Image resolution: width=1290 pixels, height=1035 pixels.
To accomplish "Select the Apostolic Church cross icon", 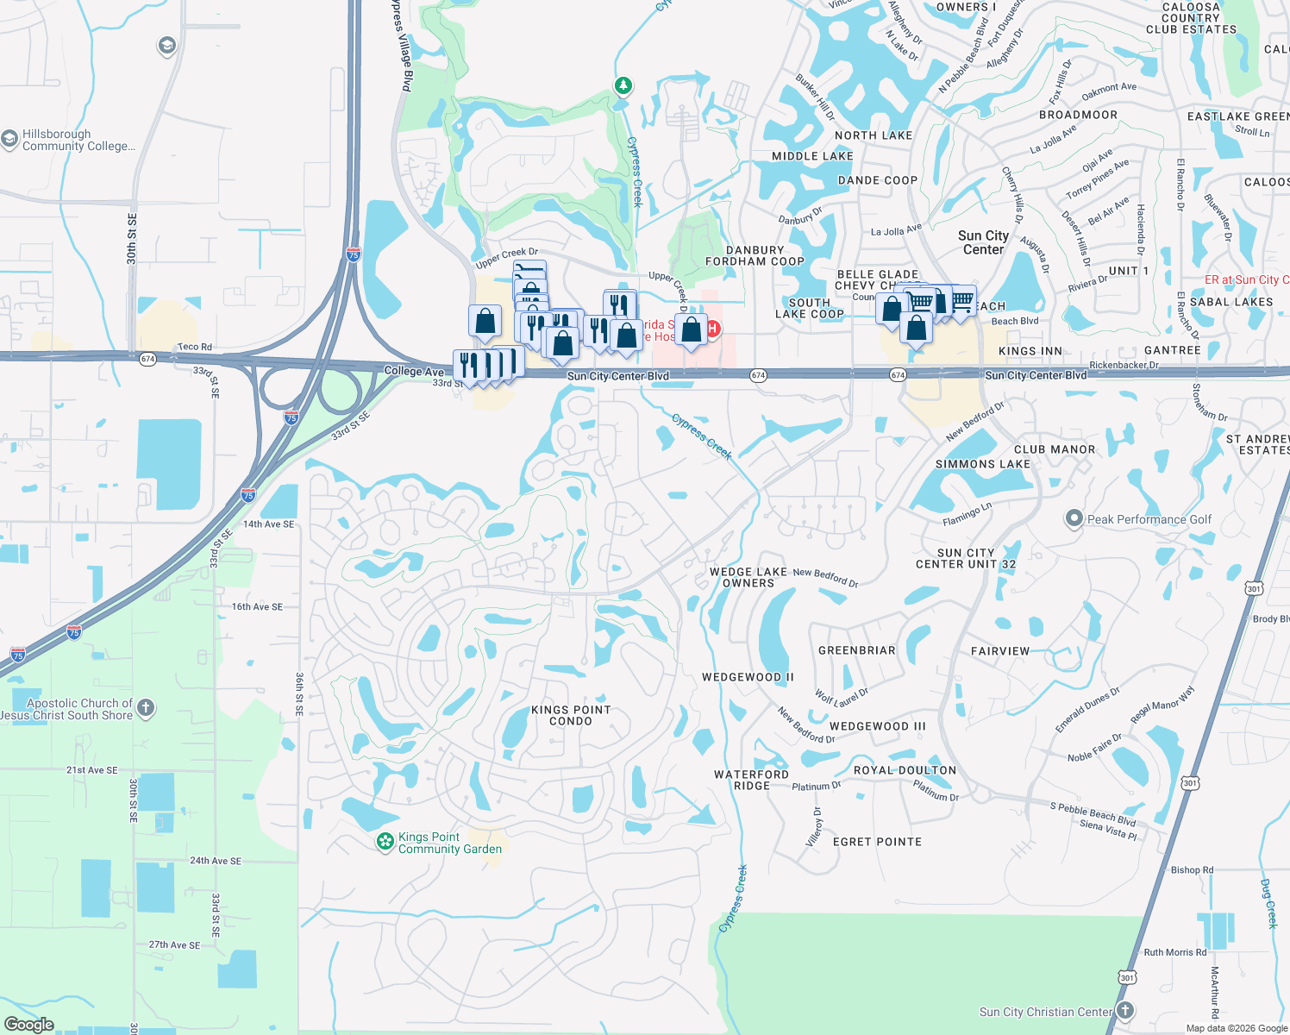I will [146, 708].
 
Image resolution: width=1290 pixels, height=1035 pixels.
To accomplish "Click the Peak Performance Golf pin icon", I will [1074, 518].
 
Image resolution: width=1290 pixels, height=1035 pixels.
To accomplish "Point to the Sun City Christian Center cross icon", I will [1125, 1011].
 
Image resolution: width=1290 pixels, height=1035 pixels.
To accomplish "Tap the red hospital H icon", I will [713, 329].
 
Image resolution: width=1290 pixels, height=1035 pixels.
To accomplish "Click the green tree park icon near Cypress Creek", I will [623, 85].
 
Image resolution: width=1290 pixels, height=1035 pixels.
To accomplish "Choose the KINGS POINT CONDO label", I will [571, 715].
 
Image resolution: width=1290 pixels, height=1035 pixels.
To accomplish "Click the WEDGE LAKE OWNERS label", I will [748, 577].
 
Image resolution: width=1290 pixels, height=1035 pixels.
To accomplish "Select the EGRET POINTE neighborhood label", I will [877, 842].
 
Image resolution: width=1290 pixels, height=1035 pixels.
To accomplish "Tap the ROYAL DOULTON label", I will [905, 770].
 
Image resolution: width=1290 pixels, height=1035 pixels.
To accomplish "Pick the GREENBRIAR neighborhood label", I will [856, 650].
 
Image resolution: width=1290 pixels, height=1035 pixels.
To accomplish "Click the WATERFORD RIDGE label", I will [751, 780].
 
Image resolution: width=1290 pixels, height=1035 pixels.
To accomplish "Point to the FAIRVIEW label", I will [1000, 651].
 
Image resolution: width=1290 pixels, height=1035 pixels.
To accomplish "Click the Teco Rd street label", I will [194, 347].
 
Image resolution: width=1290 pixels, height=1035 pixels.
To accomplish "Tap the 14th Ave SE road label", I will [268, 524].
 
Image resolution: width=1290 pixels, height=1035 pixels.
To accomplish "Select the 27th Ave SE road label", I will [174, 944].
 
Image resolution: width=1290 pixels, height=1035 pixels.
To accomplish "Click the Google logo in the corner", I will [29, 1024].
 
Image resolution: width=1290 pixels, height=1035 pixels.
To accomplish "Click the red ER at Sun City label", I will [1246, 279].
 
